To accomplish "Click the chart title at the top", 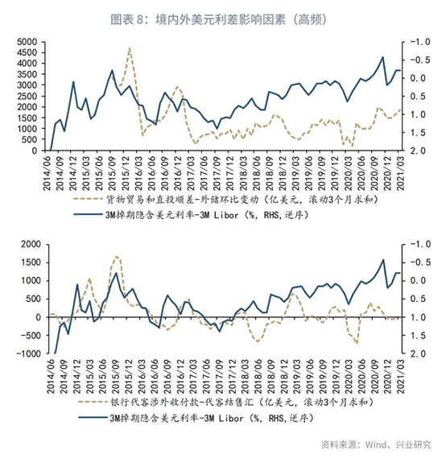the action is [218, 20].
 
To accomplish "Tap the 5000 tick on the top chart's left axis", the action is [27, 42].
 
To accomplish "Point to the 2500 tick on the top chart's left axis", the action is [27, 96].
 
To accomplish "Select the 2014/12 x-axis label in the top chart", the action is [72, 173].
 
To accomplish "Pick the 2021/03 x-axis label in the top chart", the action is [400, 173].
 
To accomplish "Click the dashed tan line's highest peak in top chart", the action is [130, 48].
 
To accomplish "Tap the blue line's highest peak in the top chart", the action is [382, 57].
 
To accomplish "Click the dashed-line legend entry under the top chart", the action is [225, 200].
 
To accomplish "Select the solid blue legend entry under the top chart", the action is [191, 215].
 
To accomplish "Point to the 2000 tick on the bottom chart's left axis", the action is [31, 244].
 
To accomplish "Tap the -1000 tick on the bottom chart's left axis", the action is [29, 354].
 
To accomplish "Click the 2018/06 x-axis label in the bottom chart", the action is [258, 376].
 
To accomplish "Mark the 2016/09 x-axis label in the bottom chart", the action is [167, 376].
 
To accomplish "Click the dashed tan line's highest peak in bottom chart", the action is [116, 256].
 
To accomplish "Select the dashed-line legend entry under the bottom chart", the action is [226, 403].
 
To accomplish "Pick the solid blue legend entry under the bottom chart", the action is [196, 418].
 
